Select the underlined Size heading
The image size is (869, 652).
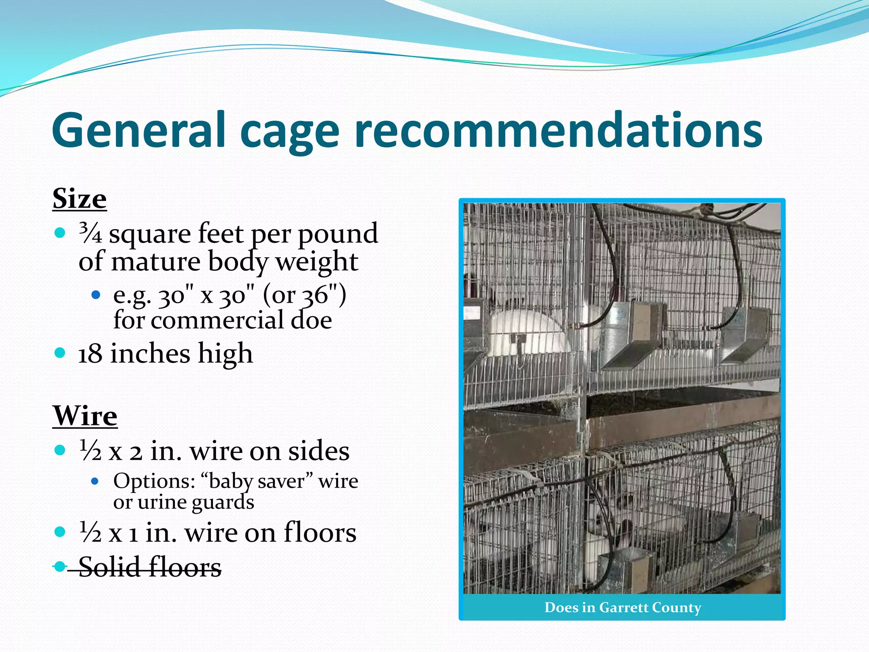point(79,199)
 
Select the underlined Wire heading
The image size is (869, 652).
point(85,416)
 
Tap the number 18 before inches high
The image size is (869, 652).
point(90,354)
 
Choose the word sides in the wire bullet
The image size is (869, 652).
point(319,451)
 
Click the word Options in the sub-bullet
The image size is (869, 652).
point(154,481)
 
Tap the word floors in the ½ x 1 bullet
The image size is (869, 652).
point(320,533)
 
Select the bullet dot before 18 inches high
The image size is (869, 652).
point(60,353)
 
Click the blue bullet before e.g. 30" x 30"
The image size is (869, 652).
point(96,295)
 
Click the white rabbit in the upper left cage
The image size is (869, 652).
point(526,331)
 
